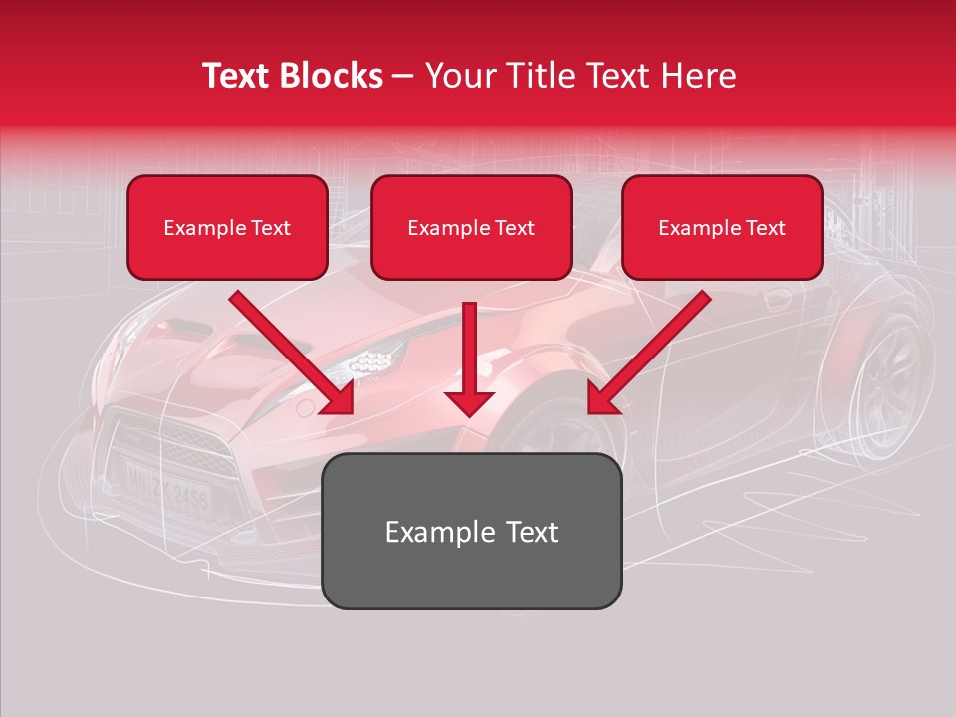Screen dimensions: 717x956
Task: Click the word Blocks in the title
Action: click(x=331, y=76)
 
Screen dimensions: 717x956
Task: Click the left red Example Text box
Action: click(x=227, y=228)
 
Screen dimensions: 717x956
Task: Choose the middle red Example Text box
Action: click(x=471, y=228)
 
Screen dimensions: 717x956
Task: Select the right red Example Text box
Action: click(x=722, y=228)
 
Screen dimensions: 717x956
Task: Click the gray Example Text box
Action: click(x=471, y=532)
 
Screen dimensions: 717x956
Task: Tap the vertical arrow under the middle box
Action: click(x=469, y=358)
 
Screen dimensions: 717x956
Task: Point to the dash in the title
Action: click(x=404, y=76)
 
